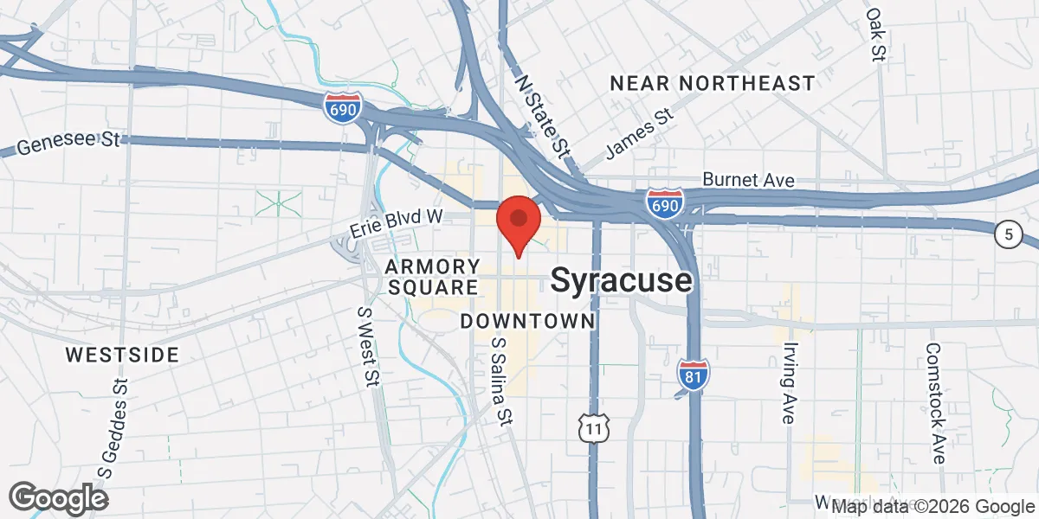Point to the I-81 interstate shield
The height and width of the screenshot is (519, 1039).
pos(694,374)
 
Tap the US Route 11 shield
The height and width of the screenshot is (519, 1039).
pos(594,427)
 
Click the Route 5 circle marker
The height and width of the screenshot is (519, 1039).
pos(1008,234)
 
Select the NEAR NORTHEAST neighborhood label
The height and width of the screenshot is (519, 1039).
pos(712,84)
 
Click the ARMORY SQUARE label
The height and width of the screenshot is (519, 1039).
pos(432,276)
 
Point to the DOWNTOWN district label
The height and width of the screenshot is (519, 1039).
pos(527,322)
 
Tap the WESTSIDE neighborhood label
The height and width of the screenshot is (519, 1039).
pos(122,355)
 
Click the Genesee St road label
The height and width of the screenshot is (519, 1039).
pos(68,144)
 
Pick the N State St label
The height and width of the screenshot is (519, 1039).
pos(543,115)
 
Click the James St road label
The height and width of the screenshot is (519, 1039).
pos(640,133)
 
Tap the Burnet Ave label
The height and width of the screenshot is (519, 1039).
pos(748,180)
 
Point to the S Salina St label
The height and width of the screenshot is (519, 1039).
pos(499,381)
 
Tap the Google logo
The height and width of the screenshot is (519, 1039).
pos(58,498)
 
